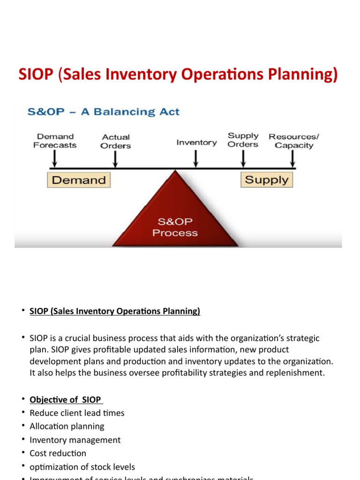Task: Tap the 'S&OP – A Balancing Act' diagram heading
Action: (x=104, y=112)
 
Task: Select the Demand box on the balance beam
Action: (x=79, y=180)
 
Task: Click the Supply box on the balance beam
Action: (x=267, y=180)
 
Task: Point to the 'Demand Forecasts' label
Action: (x=55, y=141)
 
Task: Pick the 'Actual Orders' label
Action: (x=116, y=142)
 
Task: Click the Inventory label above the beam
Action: (x=196, y=142)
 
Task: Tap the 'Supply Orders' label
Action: (x=243, y=140)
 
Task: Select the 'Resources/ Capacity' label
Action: (x=293, y=141)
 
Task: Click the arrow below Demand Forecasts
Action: (x=55, y=160)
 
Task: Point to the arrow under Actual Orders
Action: (x=116, y=160)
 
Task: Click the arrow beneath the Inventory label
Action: (x=196, y=160)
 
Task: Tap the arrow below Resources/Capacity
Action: (x=293, y=160)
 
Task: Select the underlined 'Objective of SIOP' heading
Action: (x=66, y=400)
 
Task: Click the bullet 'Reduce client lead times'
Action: (x=77, y=413)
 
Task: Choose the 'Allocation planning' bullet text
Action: (x=67, y=427)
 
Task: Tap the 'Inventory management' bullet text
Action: (x=75, y=440)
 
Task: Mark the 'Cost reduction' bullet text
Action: (x=58, y=453)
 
